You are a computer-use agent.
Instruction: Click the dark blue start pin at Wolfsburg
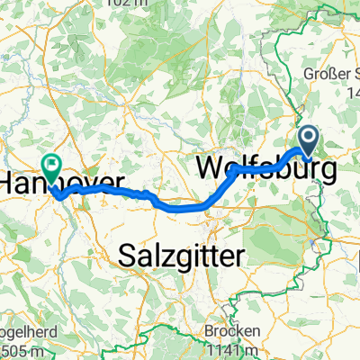pyautogui.click(x=309, y=140)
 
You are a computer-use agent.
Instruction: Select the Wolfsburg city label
pyautogui.click(x=265, y=169)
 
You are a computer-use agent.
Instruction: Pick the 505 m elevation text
pyautogui.click(x=18, y=350)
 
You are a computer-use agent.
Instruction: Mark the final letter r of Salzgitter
pyautogui.click(x=240, y=257)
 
